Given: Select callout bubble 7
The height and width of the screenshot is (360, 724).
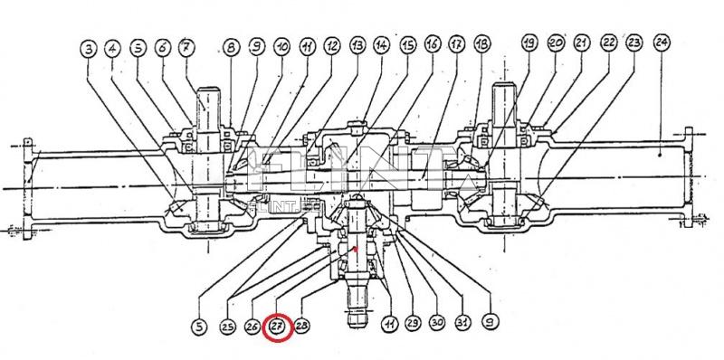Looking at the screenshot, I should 186,46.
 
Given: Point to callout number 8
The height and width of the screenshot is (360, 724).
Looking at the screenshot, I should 231,46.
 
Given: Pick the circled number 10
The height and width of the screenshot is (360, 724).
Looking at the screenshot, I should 281,46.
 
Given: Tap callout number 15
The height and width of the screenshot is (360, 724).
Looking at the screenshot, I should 407,44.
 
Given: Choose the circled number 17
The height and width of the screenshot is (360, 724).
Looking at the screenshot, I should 456,44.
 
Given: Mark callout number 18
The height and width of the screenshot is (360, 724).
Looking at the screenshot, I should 481,44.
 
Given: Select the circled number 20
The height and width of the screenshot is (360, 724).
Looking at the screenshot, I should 556,43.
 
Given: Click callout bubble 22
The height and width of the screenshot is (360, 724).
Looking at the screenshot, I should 609,43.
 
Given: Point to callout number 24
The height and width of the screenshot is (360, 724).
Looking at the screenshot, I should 662,42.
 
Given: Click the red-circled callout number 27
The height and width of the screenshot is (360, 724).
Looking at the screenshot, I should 277,326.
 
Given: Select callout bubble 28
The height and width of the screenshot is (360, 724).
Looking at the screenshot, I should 302,326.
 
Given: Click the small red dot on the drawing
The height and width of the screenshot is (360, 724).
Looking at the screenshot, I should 357,248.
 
